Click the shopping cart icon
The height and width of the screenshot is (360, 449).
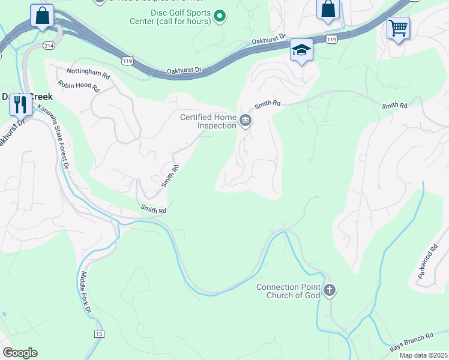point(398,28)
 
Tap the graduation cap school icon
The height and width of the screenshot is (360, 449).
point(302,51)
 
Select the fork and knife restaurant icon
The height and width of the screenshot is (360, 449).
point(21,105)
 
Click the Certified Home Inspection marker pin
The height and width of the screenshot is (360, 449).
point(245,121)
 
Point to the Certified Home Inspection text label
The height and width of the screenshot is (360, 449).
point(208,121)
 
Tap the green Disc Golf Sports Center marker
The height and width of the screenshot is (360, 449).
point(220,16)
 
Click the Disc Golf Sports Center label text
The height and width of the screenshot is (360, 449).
point(181,17)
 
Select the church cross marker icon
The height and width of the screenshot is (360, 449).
point(328,291)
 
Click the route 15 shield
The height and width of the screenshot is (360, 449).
point(98,333)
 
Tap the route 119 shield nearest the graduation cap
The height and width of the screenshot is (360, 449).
point(331,38)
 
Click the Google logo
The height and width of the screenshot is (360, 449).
point(20,352)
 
